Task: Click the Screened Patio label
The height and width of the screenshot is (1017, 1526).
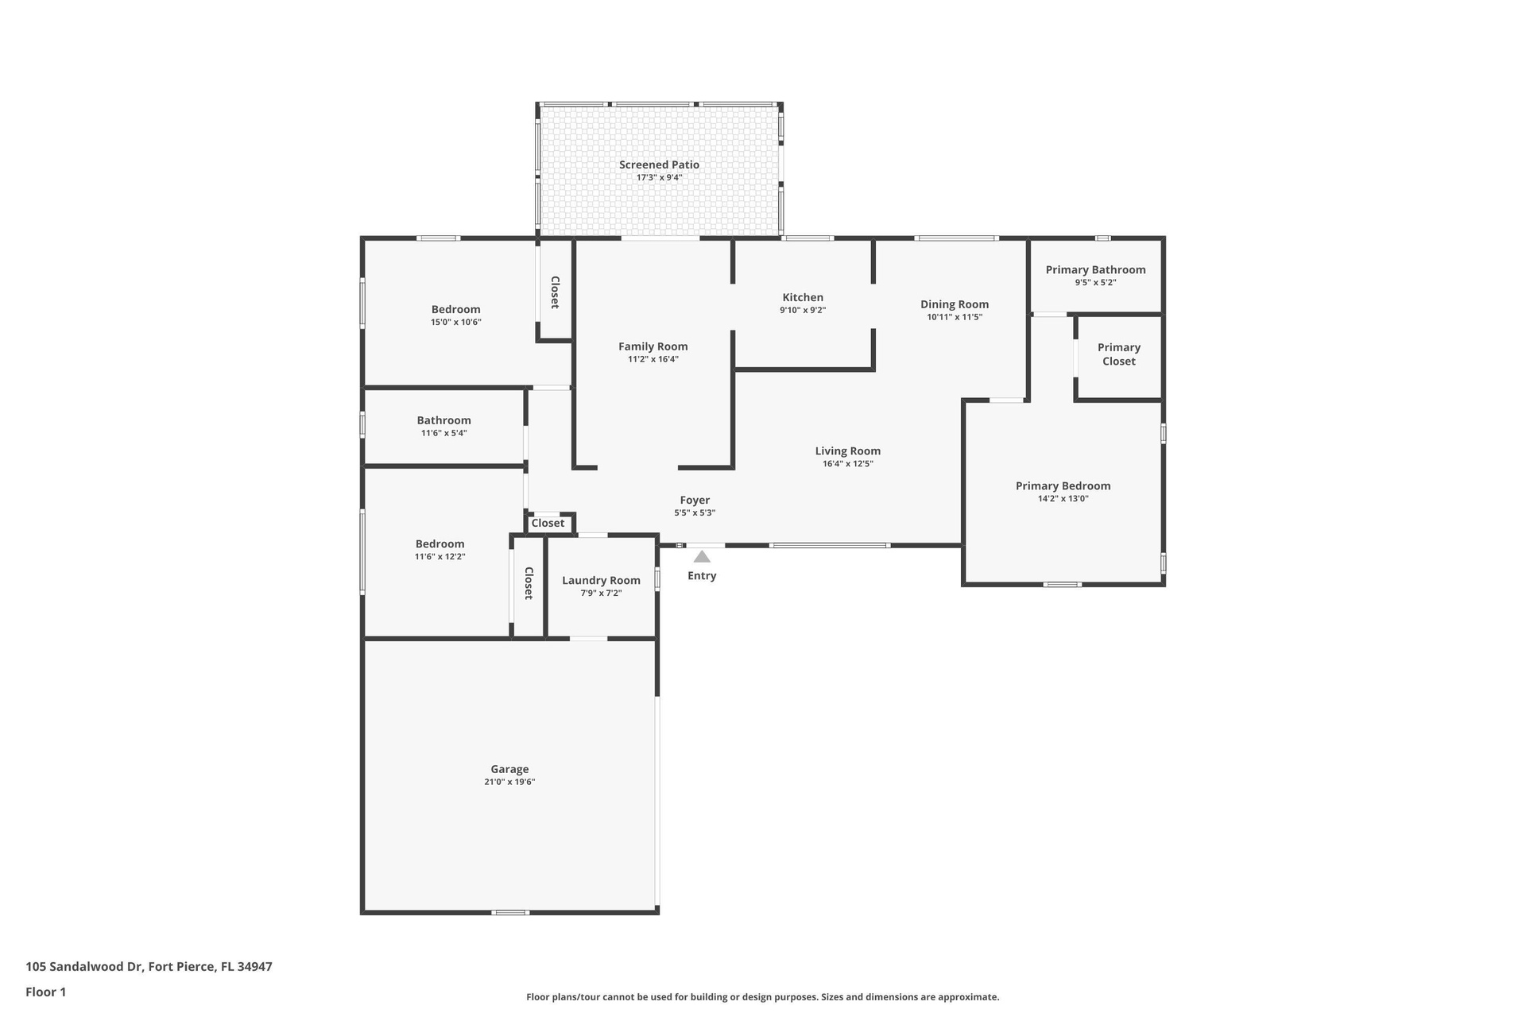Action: point(659,165)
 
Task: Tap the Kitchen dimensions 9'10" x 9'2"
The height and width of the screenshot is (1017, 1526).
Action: point(803,311)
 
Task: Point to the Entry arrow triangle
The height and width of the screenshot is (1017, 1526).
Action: point(702,556)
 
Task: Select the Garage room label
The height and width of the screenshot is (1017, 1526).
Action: point(509,769)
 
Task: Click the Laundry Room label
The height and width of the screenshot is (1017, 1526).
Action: point(601,581)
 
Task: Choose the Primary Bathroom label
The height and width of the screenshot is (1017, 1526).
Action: point(1095,270)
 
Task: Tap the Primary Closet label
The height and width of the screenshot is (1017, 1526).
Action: point(1119,354)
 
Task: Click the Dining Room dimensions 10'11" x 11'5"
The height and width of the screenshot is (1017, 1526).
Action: point(955,317)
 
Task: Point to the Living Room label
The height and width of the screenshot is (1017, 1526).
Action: point(848,451)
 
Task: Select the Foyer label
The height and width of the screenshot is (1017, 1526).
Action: point(695,501)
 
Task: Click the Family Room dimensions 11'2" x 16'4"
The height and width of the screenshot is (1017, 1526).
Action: point(653,359)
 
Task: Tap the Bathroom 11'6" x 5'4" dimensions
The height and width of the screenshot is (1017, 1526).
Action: point(443,433)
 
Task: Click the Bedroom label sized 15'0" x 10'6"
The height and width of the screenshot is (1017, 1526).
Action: point(456,310)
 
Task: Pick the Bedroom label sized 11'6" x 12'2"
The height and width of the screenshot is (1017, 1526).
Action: point(440,544)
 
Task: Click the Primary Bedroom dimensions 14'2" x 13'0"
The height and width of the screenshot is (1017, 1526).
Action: point(1063,499)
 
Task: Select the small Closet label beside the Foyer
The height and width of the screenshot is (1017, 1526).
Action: point(548,523)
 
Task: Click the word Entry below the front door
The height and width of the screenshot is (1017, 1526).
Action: point(702,576)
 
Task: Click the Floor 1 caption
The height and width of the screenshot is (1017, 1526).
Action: point(46,992)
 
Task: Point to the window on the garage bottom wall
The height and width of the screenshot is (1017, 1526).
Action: point(510,912)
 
